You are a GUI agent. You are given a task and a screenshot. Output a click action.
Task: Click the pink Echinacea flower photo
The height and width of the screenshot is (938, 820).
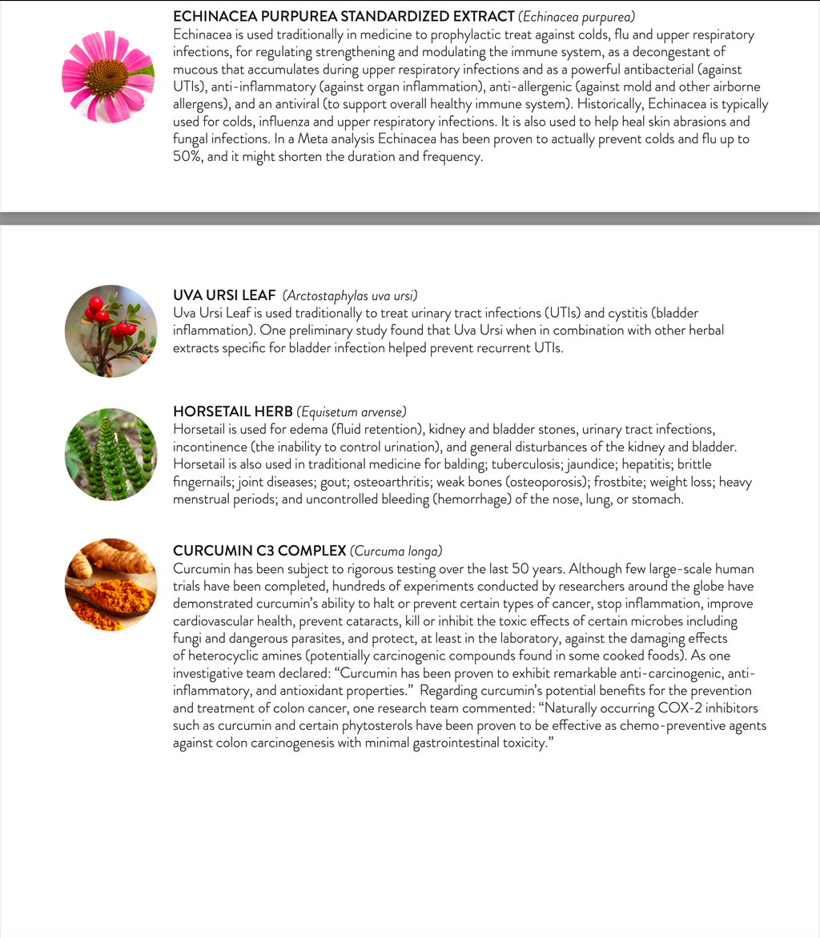[108, 77]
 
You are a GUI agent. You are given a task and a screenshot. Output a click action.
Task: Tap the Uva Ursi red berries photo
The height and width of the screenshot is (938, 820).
[111, 331]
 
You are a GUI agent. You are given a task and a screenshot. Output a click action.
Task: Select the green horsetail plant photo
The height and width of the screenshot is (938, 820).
[111, 455]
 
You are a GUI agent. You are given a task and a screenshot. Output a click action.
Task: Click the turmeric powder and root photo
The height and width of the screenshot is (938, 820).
[111, 584]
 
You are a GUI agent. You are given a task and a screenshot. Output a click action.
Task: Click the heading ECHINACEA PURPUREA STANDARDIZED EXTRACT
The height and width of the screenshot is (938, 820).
[344, 16]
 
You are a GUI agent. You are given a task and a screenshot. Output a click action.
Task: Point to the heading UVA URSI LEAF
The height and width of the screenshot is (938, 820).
[224, 295]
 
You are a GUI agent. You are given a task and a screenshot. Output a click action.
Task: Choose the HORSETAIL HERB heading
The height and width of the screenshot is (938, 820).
[233, 412]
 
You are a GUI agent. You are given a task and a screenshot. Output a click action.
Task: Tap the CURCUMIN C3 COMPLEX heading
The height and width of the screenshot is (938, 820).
[259, 551]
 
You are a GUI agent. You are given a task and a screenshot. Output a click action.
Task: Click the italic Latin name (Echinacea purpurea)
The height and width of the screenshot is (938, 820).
[577, 16]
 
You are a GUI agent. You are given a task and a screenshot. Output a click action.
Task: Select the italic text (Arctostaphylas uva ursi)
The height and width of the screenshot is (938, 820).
[351, 295]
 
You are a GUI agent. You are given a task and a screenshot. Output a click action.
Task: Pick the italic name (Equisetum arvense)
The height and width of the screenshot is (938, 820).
[352, 412]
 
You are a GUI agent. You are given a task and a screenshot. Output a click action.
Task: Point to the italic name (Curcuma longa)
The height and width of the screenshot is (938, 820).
[396, 551]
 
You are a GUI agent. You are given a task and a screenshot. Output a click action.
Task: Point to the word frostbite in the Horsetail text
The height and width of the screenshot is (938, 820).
[619, 482]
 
